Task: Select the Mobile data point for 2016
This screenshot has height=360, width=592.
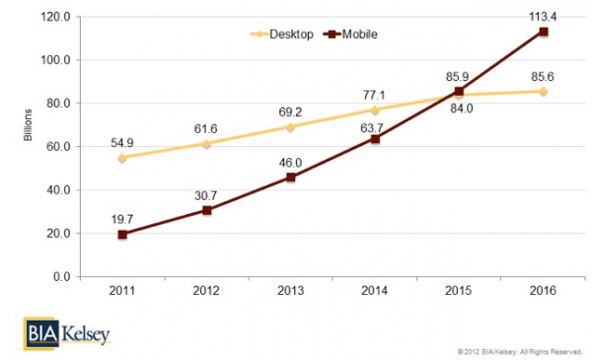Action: pyautogui.click(x=543, y=32)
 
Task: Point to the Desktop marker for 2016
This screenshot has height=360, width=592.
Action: pyautogui.click(x=543, y=92)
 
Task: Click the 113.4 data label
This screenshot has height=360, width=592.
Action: pyautogui.click(x=542, y=14)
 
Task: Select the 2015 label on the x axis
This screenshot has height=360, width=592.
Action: pyautogui.click(x=458, y=292)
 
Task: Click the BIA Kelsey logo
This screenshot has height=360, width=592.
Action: pyautogui.click(x=67, y=333)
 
